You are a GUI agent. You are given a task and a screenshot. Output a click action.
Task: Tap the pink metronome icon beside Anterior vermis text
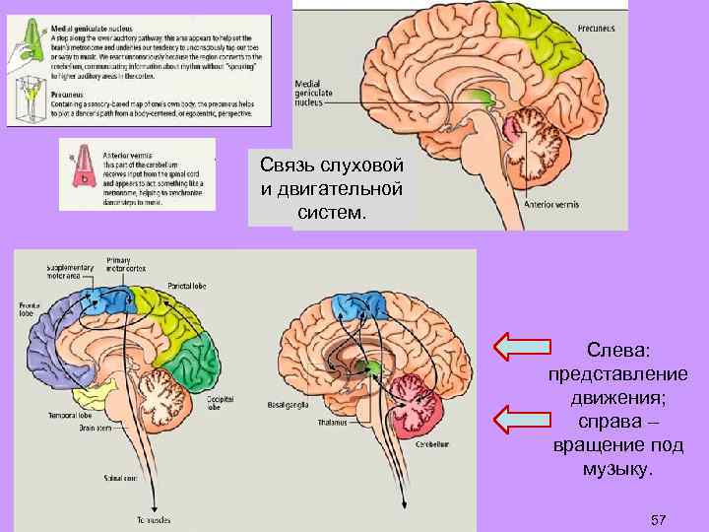[81, 169]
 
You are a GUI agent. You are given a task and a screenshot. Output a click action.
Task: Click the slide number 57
[659, 518]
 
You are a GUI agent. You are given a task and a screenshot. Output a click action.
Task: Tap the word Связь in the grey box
[286, 164]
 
